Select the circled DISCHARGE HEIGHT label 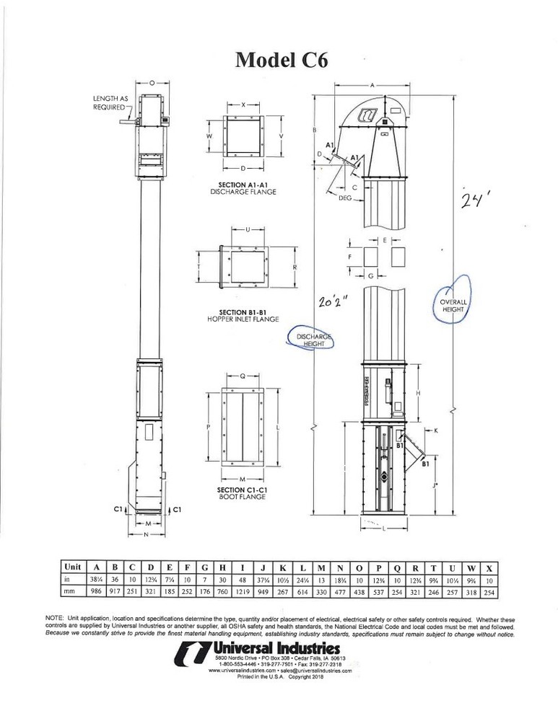point(313,340)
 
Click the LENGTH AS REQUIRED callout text point(110,103)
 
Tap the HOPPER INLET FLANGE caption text point(244,318)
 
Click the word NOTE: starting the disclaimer point(56,619)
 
